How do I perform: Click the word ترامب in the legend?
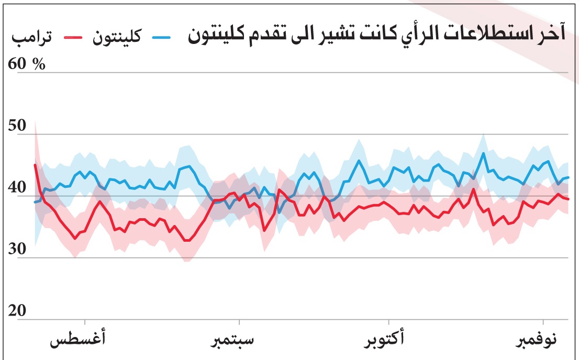click(x=26, y=38)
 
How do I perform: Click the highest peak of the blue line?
click(x=483, y=153)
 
